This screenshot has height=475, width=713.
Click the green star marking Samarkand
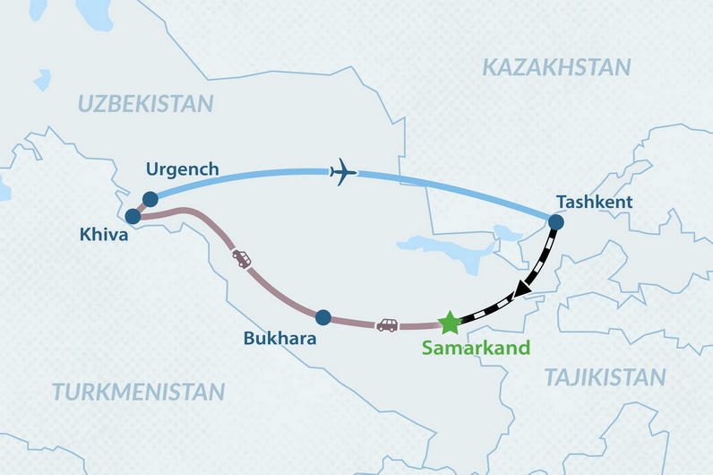[x=449, y=323]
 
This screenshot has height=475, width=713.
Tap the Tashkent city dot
[x=555, y=222]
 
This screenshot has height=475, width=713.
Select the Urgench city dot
[x=150, y=199]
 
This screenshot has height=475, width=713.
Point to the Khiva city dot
[x=133, y=216]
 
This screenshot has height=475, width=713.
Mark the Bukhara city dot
[x=323, y=316]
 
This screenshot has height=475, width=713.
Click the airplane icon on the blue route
[x=343, y=170]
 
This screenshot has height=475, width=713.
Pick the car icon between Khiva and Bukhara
[x=242, y=259]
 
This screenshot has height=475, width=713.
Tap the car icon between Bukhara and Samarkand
[x=387, y=324]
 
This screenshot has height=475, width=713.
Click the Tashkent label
[x=594, y=202]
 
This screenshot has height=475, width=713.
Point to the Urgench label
[x=182, y=168]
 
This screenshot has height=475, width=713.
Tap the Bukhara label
[x=280, y=340]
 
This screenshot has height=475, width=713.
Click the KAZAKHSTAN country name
[x=555, y=66]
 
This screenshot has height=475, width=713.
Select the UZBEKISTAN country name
[x=145, y=103]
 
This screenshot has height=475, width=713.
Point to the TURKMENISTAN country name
[x=138, y=392]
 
